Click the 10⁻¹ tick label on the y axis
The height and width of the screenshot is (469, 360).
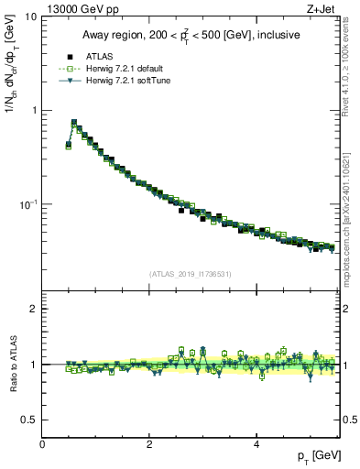click(x=28, y=203)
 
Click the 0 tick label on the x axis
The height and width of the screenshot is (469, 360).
click(x=43, y=443)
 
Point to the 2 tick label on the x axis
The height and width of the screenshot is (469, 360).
click(x=149, y=443)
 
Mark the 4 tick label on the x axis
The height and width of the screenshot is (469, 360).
click(x=256, y=443)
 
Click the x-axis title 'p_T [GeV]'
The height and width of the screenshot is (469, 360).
click(x=317, y=456)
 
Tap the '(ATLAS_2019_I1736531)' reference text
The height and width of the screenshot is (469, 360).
click(x=189, y=274)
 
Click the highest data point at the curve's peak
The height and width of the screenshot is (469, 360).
click(x=74, y=122)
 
